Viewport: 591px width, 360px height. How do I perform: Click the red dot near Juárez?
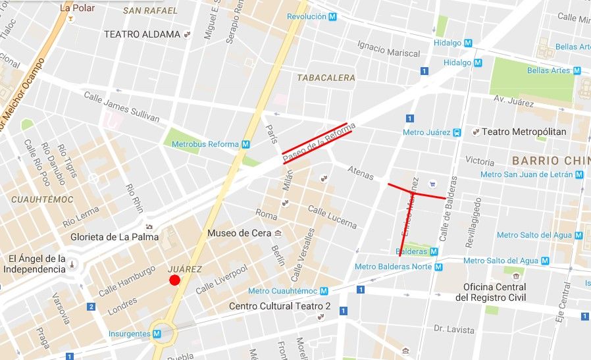(174, 281)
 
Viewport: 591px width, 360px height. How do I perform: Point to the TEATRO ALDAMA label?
(141, 34)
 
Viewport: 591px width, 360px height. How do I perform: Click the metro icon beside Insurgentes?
(157, 334)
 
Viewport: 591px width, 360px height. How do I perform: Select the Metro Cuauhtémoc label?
(283, 291)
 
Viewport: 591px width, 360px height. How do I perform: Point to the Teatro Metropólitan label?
(524, 132)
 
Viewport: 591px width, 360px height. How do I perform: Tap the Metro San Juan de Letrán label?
(527, 174)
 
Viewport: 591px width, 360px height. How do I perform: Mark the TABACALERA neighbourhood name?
(326, 78)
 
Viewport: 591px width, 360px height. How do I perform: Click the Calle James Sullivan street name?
(121, 106)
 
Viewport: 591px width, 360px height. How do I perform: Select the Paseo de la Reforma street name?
(319, 143)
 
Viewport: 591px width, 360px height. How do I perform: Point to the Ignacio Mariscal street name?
(388, 48)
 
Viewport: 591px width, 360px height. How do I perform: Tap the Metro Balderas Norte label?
(393, 267)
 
